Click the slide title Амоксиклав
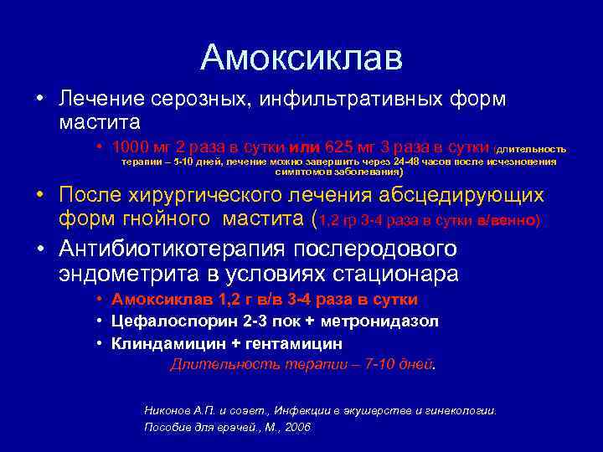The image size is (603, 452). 301,58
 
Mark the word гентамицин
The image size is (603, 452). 292,343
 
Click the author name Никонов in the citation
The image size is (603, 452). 169,410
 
